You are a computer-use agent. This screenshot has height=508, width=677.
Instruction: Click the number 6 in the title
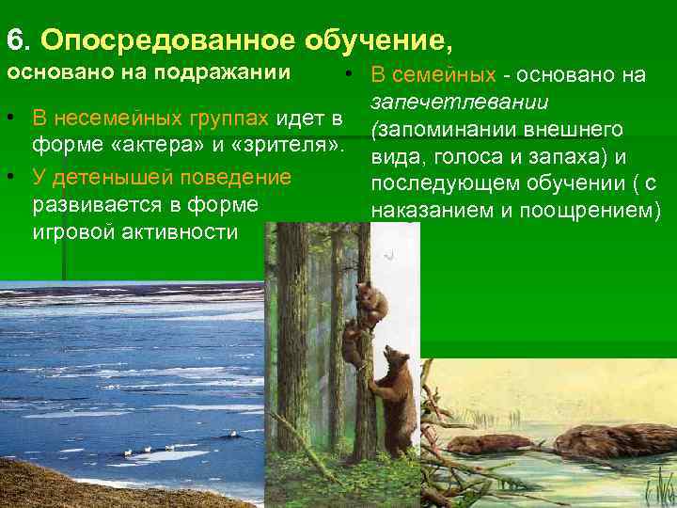[14, 40]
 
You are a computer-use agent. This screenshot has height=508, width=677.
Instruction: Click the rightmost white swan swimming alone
[232, 435]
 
